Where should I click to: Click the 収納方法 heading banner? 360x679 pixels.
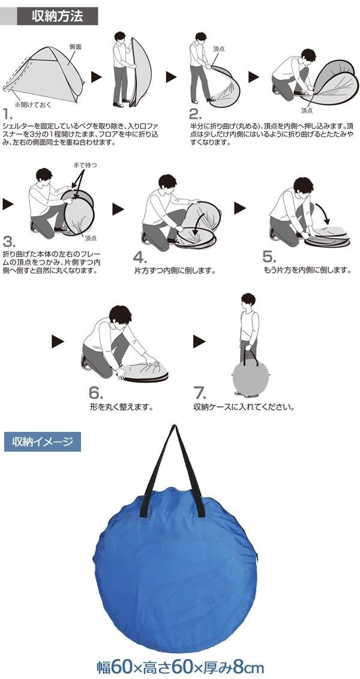57,16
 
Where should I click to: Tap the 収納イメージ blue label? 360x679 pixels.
43,442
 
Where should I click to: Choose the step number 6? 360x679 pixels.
96,392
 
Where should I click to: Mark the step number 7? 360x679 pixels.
200,393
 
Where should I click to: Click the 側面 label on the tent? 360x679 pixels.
76,46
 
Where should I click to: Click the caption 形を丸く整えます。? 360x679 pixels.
122,407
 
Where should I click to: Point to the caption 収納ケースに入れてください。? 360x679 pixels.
244,407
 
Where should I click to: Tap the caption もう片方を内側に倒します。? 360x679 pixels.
307,271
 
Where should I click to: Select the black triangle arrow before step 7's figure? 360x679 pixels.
199,341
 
